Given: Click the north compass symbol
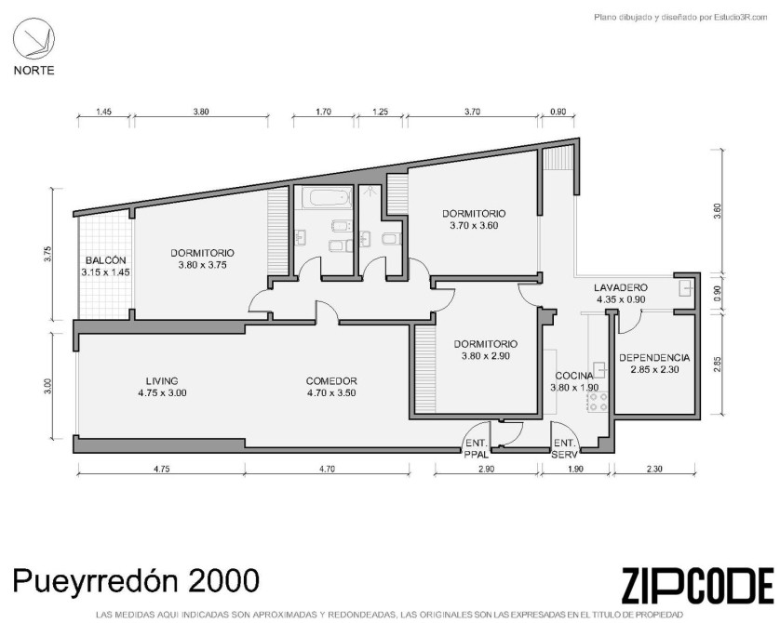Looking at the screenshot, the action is tap(34, 40).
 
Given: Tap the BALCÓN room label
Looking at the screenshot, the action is tap(105, 260).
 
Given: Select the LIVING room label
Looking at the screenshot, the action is tap(162, 381).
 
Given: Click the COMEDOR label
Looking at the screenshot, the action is tap(331, 381).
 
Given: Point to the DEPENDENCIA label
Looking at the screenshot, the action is tap(654, 358).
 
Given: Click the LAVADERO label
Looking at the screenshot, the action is tap(621, 287).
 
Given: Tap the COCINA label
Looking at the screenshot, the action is tap(574, 376).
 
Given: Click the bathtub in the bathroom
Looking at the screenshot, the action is tap(329, 198).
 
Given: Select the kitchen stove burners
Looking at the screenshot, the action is tap(598, 402).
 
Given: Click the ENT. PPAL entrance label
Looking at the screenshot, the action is tap(477, 448).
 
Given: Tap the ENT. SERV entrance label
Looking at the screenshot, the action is tap(565, 448).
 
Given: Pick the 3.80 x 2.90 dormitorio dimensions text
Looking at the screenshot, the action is tap(486, 356).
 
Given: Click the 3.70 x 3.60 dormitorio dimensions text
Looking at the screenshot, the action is tap(474, 226).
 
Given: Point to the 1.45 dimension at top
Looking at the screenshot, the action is tap(103, 112).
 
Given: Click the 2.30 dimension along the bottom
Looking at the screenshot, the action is tap(654, 469).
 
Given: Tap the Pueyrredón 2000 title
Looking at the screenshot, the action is tap(136, 580).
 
